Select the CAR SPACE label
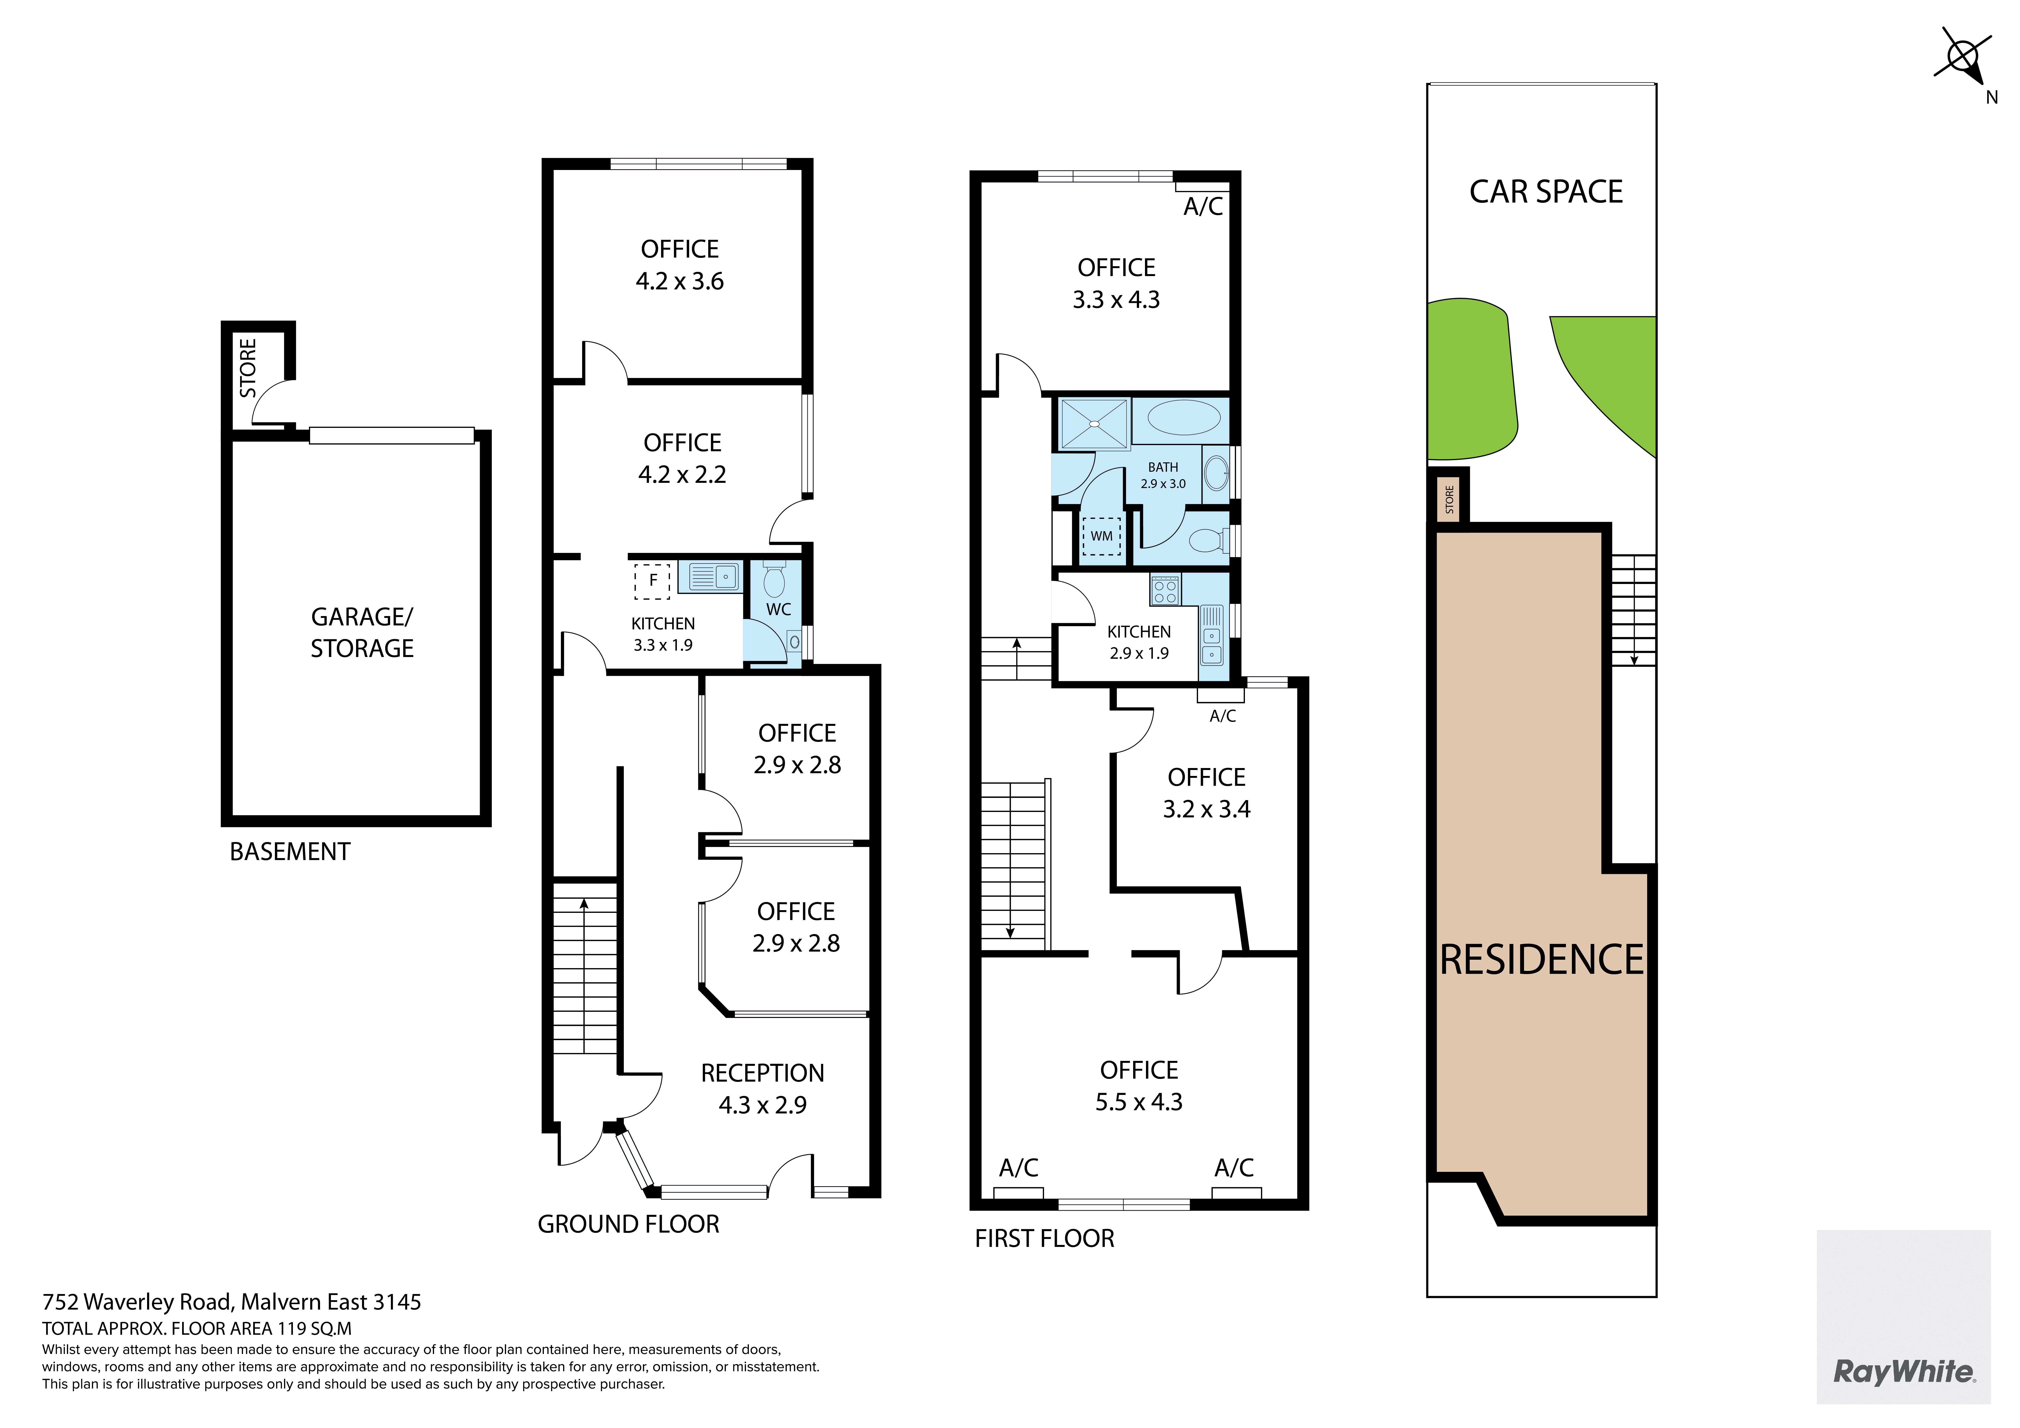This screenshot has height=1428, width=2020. pos(1546,192)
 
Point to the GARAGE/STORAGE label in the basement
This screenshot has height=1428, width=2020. pos(362,633)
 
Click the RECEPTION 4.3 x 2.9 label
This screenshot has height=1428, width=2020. pos(763,1088)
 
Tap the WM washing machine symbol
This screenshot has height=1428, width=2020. pos(1102,536)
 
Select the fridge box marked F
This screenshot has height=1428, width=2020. pos(652,581)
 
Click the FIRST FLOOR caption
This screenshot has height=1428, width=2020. pos(1044,1239)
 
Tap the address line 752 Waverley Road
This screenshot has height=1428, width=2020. pos(231,1302)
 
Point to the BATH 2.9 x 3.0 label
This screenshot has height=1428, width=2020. pos(1163,475)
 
